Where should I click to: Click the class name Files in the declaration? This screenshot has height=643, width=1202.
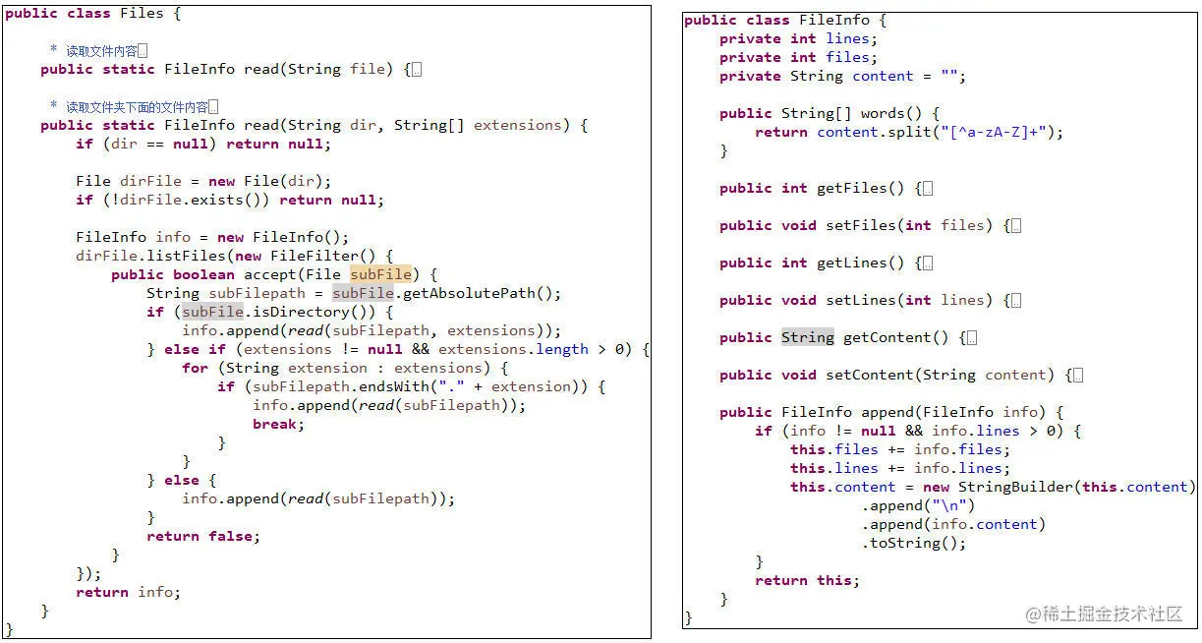(x=143, y=14)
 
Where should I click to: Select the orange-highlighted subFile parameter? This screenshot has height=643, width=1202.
(x=380, y=274)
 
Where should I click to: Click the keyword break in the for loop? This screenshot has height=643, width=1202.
(x=278, y=424)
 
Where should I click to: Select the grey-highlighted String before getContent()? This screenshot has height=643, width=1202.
(x=807, y=337)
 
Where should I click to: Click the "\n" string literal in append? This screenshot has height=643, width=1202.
(x=950, y=505)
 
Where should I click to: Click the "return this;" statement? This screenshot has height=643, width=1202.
(x=807, y=580)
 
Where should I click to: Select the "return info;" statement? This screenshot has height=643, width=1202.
(x=129, y=592)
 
